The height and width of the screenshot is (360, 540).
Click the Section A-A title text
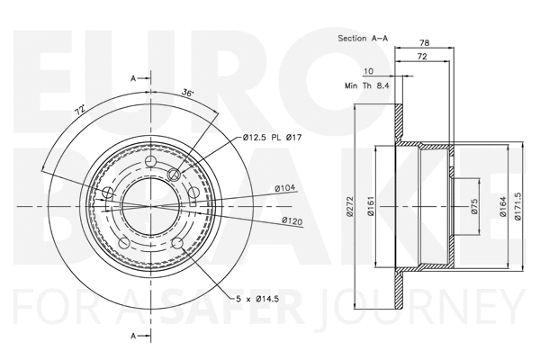point(364,39)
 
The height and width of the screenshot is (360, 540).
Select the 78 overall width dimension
point(424,42)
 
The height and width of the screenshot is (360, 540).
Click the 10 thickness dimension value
point(368,70)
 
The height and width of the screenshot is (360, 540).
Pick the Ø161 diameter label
point(370,210)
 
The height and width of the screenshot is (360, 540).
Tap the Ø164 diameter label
point(498,210)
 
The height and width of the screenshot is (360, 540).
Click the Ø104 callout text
point(285,189)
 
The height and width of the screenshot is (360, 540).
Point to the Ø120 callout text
point(291,220)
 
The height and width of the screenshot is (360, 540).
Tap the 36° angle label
point(187,92)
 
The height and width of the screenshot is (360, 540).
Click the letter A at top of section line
point(133,79)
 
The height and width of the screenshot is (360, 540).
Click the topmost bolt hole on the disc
point(149,162)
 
